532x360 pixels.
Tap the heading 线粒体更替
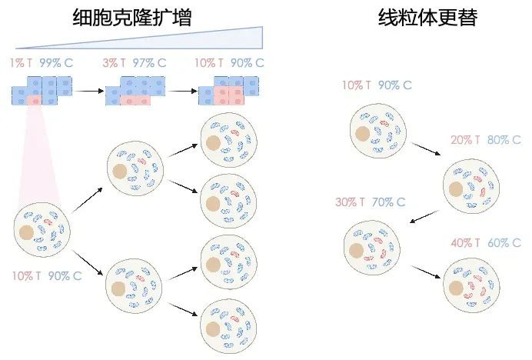(x=427, y=16)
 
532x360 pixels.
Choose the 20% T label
(x=466, y=140)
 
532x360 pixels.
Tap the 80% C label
(x=504, y=140)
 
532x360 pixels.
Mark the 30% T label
(x=350, y=202)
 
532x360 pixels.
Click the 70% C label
(x=389, y=202)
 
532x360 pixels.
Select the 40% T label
(x=466, y=243)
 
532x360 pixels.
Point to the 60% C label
(x=504, y=243)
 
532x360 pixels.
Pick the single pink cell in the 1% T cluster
(x=34, y=100)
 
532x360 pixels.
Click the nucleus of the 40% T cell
(x=456, y=288)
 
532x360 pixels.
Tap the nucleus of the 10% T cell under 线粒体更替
(x=362, y=133)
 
